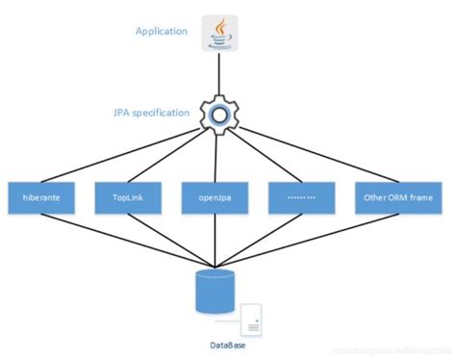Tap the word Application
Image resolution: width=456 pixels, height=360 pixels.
click(162, 31)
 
